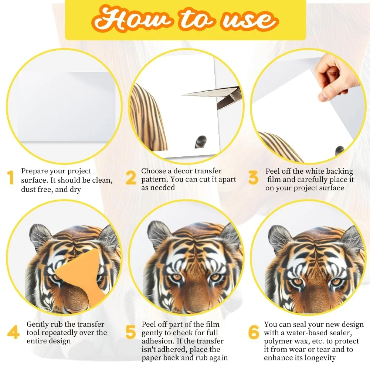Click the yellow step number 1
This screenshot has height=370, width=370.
(x=10, y=177)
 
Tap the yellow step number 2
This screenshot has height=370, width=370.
(x=131, y=177)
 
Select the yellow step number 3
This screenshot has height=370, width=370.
(x=254, y=177)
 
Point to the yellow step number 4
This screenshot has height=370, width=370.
(x=13, y=332)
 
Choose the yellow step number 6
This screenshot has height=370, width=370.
(x=254, y=332)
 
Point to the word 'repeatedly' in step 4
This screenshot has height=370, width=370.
(x=66, y=333)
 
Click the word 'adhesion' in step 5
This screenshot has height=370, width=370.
(x=157, y=341)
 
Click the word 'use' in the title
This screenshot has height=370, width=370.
(x=250, y=20)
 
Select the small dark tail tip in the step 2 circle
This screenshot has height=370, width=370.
(x=201, y=141)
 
